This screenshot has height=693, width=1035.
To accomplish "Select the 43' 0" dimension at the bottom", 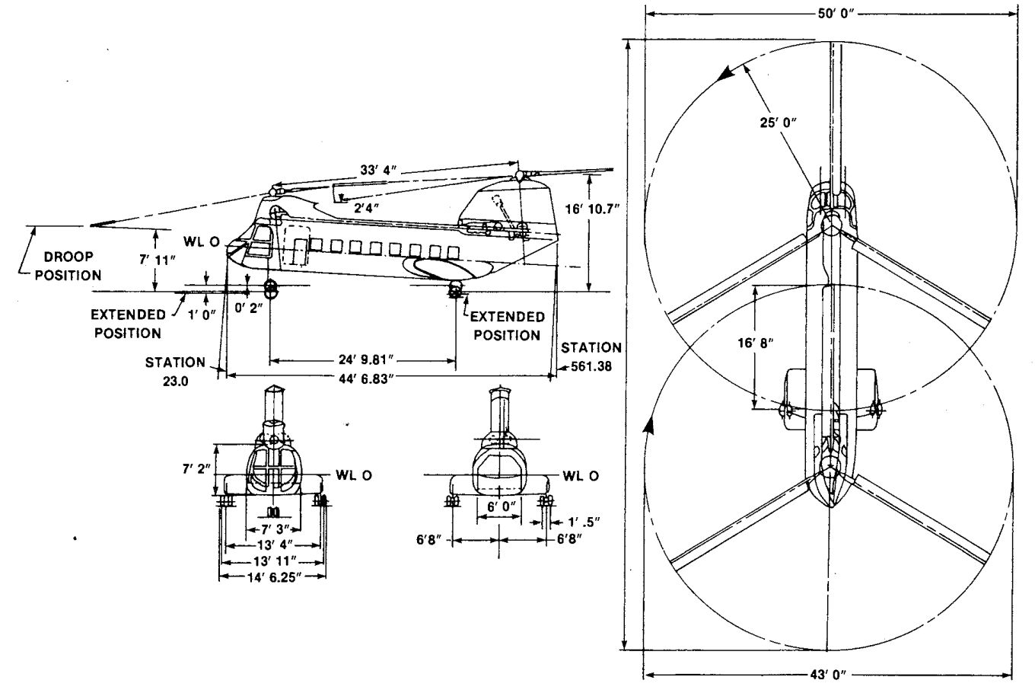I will (x=830, y=675).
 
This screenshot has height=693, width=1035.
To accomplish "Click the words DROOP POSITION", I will (x=68, y=266).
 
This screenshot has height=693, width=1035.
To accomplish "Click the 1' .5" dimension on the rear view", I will (x=584, y=522).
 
